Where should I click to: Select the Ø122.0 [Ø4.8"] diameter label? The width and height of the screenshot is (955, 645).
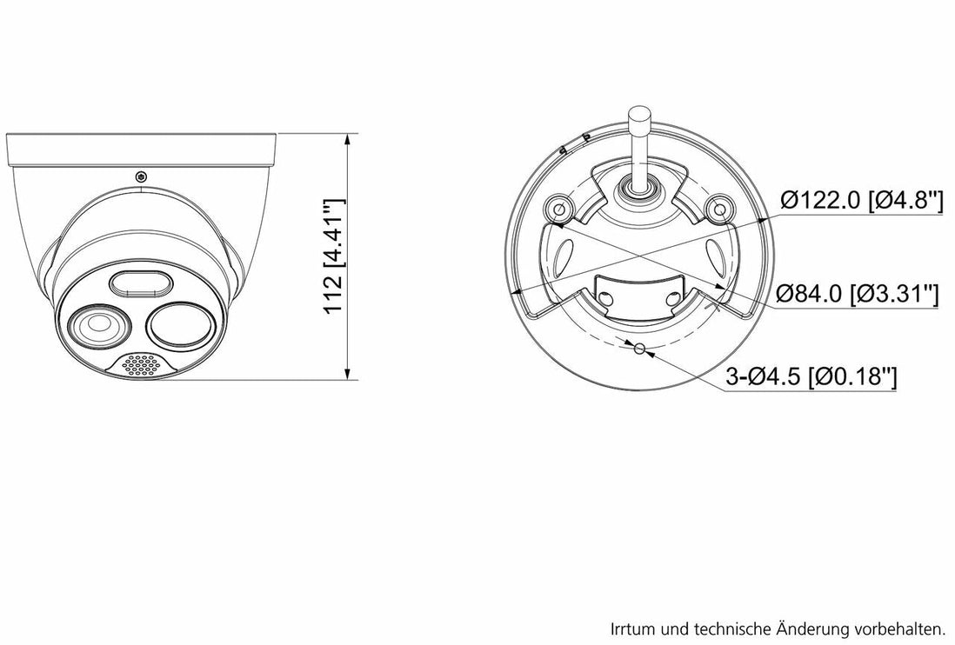point(861,201)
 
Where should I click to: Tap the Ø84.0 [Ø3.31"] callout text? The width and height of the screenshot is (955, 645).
point(858,294)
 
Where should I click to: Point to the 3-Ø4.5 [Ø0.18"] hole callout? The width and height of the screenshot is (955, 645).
point(811,377)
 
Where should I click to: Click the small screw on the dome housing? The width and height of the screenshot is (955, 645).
point(141,177)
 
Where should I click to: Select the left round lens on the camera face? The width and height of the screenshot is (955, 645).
point(95,326)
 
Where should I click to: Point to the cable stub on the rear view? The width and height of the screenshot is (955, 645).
point(639,139)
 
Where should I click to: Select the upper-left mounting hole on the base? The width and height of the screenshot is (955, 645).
point(558,207)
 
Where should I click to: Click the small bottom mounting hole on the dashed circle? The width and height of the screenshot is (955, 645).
point(639,349)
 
